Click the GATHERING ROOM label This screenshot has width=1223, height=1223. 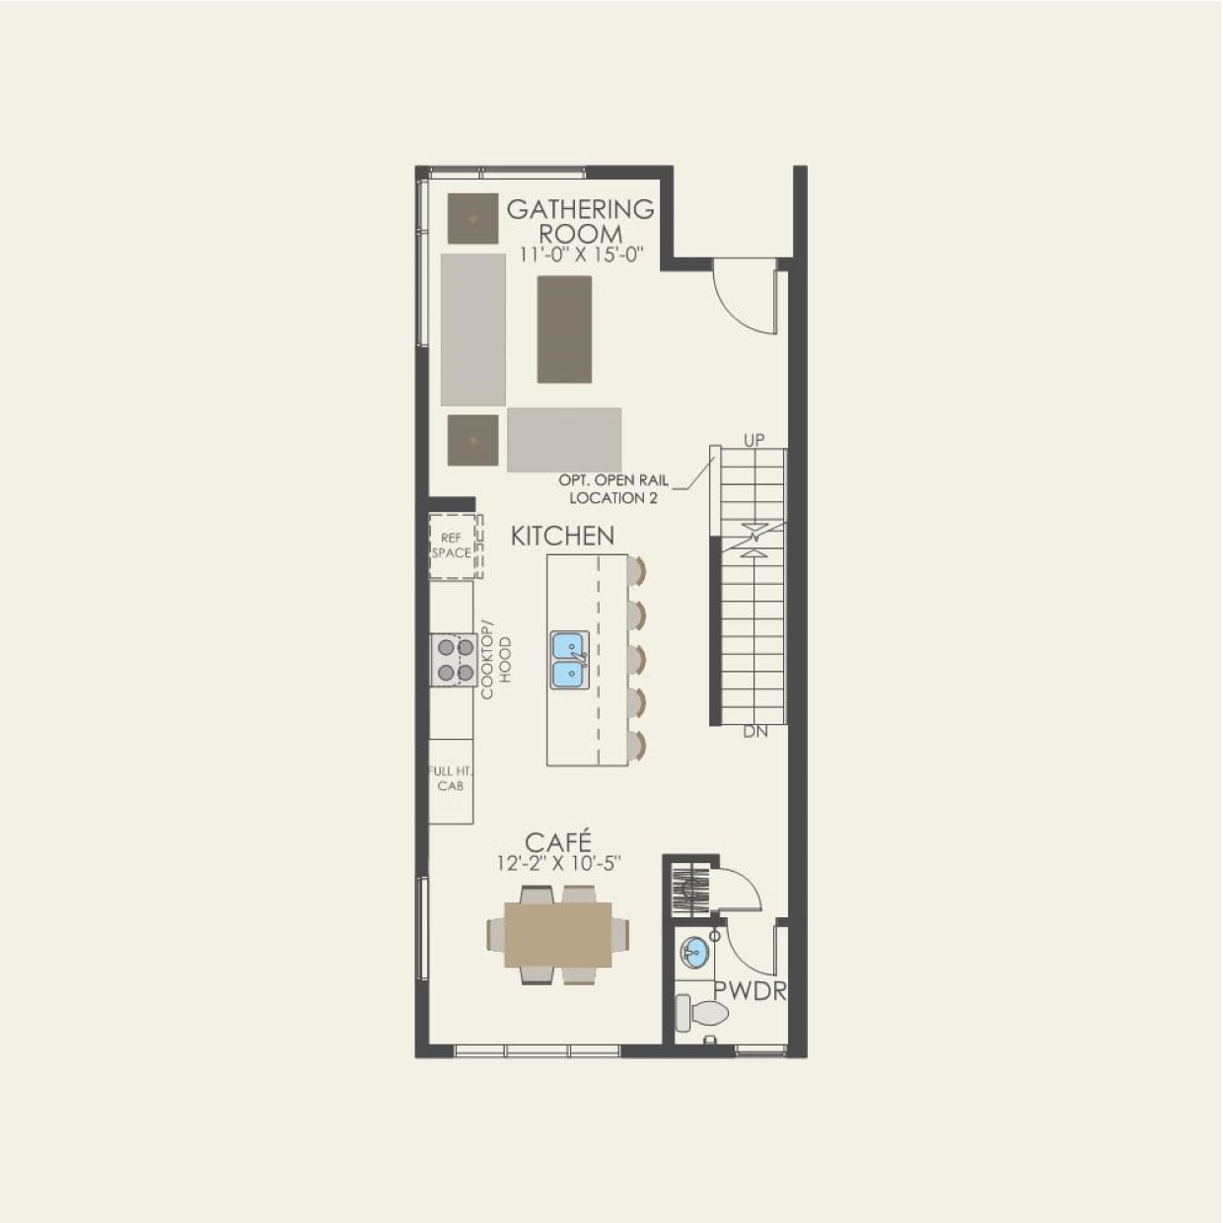(x=580, y=221)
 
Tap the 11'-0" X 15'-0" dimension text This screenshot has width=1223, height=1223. (x=581, y=254)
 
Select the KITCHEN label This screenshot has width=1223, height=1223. (x=562, y=536)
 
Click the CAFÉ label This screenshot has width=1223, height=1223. (x=558, y=842)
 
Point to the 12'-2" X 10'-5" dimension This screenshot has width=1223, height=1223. (x=558, y=864)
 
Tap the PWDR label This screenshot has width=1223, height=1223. (x=750, y=991)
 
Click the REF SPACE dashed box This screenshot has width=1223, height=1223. (x=453, y=545)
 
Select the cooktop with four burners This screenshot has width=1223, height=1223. (x=453, y=660)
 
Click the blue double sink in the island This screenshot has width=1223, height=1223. (x=570, y=660)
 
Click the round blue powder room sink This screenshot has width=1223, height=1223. (x=694, y=953)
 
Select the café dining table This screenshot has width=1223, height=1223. (x=557, y=934)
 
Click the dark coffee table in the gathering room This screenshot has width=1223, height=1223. (x=564, y=328)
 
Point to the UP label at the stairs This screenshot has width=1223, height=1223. (x=754, y=440)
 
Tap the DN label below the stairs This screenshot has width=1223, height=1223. (x=755, y=732)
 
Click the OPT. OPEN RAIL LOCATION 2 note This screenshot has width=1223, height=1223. (x=612, y=488)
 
